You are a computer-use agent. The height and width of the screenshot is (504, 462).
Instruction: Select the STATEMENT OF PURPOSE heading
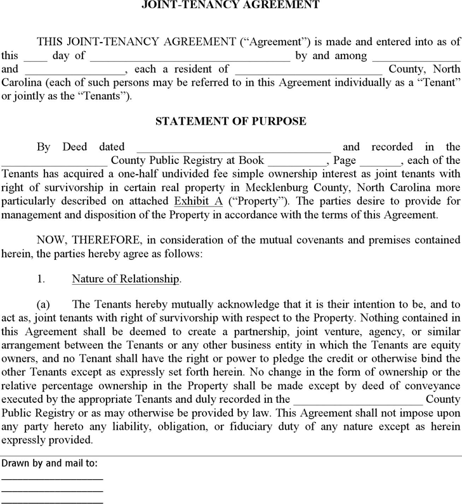coord(231,121)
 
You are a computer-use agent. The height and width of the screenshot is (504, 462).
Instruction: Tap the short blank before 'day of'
coord(39,56)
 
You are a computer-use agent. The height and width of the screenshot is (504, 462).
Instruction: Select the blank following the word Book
coord(294,160)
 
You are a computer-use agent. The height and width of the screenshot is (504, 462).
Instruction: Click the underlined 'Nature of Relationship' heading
coord(126,279)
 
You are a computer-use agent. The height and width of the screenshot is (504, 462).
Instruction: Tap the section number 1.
coord(40,279)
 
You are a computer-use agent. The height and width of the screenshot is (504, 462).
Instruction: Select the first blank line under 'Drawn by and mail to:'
coord(52,478)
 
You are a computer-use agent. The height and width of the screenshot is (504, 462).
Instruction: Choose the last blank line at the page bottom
coord(52,501)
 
